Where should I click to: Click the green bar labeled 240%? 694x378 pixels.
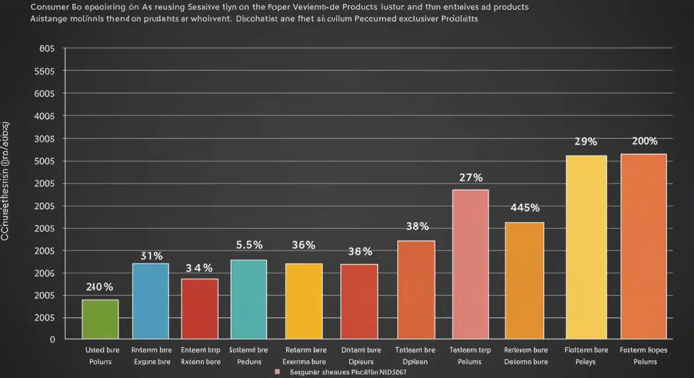click(x=100, y=319)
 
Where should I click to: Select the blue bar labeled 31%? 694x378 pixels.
click(x=150, y=301)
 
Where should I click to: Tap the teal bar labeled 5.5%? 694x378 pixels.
click(x=249, y=299)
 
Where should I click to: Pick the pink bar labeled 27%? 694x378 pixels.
click(x=470, y=264)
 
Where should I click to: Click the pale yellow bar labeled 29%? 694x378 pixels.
click(x=586, y=247)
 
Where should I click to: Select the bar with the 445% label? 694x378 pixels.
click(x=525, y=280)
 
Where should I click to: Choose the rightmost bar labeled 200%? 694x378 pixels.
click(x=644, y=246)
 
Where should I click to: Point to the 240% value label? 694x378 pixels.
click(x=99, y=287)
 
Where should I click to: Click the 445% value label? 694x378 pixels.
click(x=525, y=208)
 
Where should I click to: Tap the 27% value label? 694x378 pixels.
click(x=471, y=177)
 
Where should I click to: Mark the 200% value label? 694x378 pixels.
click(x=644, y=142)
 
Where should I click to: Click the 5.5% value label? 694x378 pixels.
click(x=249, y=245)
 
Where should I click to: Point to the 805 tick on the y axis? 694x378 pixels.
click(x=46, y=49)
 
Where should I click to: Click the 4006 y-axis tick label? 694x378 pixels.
click(x=45, y=116)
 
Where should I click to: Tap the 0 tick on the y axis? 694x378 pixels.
click(x=51, y=340)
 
